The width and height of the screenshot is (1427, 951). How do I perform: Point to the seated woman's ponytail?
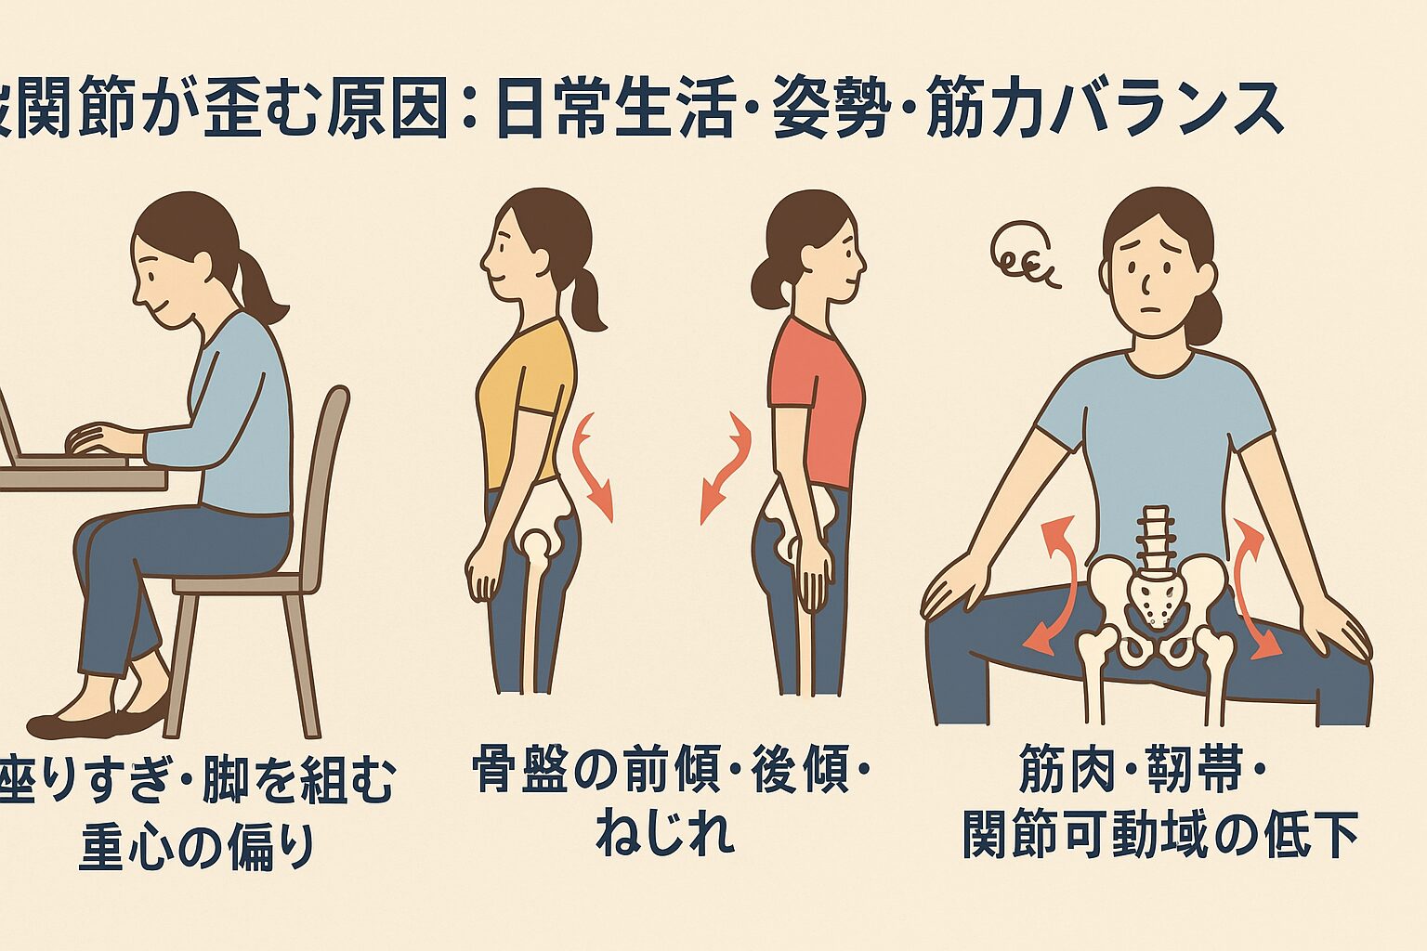260,283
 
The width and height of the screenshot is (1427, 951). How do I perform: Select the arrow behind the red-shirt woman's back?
724,469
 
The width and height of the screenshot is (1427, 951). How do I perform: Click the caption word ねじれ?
665,832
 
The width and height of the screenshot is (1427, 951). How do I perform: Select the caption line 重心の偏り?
197,847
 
